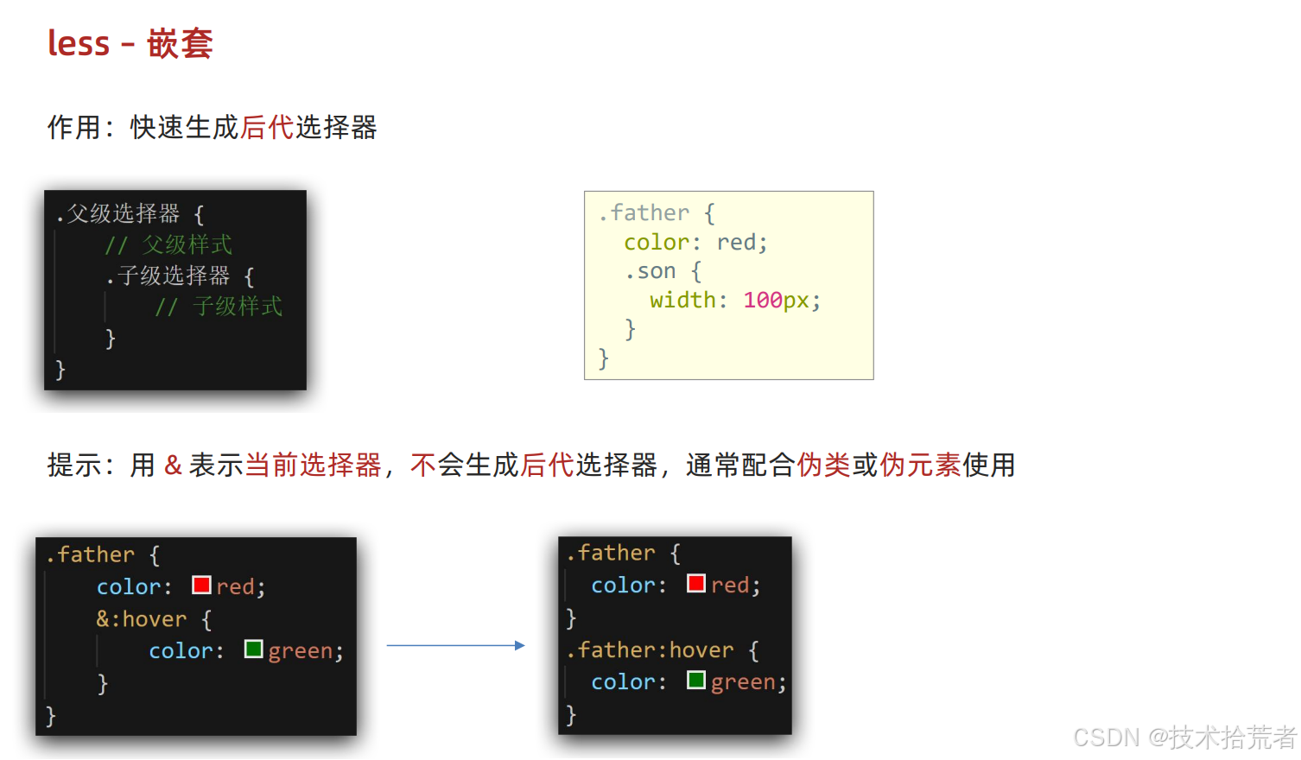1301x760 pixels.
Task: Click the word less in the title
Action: (x=79, y=43)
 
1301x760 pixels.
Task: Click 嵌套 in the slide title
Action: (x=180, y=43)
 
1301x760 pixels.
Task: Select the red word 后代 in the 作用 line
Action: (x=267, y=128)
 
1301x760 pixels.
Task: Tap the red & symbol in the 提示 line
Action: (x=173, y=465)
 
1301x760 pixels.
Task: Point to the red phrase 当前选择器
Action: (x=313, y=465)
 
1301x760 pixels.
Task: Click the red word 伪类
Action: (x=823, y=465)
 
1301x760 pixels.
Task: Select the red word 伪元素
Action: (x=920, y=465)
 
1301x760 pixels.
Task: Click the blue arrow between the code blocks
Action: (x=455, y=645)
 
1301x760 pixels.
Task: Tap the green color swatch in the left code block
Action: (x=254, y=649)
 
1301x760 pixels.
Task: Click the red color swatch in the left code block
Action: (x=201, y=585)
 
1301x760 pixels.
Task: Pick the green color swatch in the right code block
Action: (x=696, y=680)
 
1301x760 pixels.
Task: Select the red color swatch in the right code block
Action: (x=696, y=583)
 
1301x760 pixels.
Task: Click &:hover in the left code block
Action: (x=142, y=619)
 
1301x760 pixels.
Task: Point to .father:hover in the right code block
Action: (x=650, y=649)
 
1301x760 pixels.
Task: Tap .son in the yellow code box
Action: (x=650, y=271)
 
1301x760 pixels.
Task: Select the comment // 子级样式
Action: (x=219, y=307)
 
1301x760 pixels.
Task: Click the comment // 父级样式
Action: (x=168, y=245)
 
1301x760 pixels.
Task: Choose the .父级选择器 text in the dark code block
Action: (x=117, y=213)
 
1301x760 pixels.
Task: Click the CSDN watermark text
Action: (x=1184, y=738)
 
